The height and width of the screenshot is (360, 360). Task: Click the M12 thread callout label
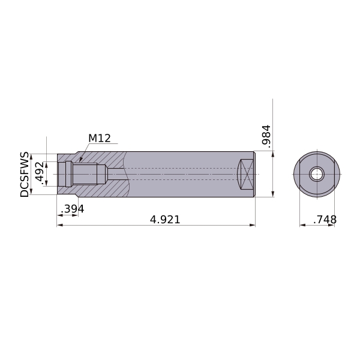coord(100,138)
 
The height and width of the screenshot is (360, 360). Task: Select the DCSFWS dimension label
coord(25,174)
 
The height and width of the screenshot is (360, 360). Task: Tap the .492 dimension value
coord(38,173)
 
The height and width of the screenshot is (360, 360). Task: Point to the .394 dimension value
coord(73,209)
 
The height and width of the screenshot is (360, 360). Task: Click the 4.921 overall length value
coord(165,220)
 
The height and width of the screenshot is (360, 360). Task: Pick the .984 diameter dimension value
coord(266,136)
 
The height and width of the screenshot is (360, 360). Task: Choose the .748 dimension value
coord(325,220)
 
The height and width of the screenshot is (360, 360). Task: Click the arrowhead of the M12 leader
coord(81,159)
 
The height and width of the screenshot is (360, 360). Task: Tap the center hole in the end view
coord(317,174)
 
